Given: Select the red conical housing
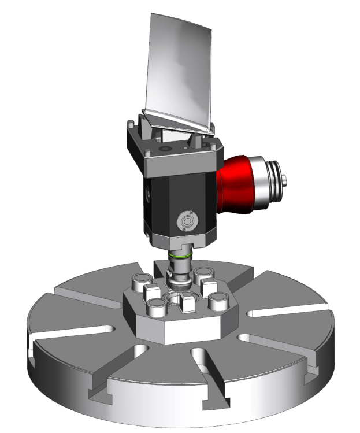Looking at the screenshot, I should click(237, 185).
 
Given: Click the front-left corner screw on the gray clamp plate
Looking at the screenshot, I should click(148, 154).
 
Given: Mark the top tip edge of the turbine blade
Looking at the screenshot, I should click(173, 15).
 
